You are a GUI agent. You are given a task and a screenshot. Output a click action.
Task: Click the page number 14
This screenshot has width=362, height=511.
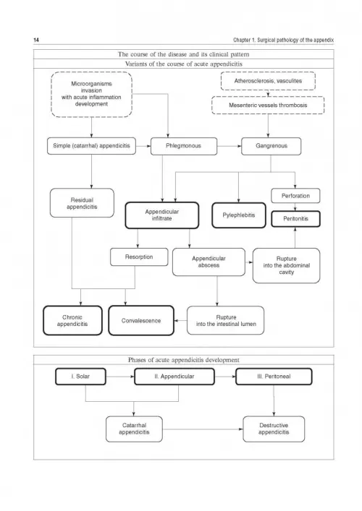36,40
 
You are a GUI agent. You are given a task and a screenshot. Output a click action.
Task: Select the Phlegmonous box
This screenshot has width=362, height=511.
184,146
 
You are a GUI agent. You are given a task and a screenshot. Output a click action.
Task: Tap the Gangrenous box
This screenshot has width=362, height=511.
271,146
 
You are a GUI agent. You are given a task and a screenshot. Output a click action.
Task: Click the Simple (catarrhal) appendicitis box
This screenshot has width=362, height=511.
91,146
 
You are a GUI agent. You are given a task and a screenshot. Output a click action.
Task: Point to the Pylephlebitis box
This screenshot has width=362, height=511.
239,215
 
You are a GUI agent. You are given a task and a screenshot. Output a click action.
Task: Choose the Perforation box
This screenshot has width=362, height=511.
295,196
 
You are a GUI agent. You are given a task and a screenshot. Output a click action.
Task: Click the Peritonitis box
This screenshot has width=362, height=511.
295,219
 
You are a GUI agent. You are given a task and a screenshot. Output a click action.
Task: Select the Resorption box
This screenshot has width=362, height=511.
139,257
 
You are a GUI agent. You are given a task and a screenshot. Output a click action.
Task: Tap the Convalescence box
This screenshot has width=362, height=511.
141,320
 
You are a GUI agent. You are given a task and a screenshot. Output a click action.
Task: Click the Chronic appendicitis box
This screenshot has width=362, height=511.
72,320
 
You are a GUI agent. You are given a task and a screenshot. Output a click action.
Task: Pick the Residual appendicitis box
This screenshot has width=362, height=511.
82,203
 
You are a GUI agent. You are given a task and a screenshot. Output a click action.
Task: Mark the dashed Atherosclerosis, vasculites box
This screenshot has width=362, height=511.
268,81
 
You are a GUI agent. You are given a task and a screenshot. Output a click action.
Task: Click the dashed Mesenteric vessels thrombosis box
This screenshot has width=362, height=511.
268,106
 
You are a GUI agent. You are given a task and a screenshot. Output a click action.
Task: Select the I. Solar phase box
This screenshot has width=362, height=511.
80,377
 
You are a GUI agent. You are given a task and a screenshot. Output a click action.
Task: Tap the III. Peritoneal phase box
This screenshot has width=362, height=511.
274,377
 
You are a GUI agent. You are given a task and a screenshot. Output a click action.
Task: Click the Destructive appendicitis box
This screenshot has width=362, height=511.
274,429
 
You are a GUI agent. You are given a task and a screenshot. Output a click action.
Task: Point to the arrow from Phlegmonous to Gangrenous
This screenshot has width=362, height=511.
230,146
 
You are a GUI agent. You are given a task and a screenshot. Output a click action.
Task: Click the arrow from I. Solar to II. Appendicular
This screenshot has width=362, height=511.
120,377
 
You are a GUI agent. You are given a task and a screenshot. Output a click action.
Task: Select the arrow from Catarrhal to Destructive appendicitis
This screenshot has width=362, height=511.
203,429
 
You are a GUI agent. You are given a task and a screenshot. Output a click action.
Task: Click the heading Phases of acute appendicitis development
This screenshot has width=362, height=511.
184,360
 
